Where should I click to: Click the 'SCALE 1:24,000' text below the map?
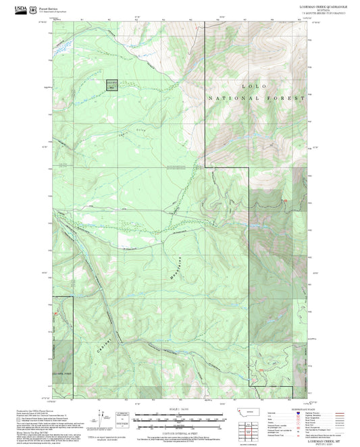[x=179, y=409]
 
